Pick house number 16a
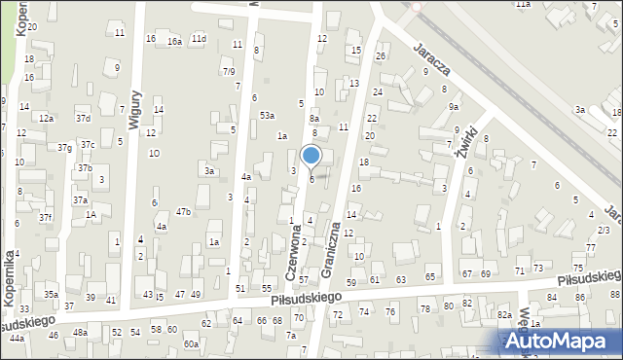coord(174,42)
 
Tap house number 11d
coord(199,38)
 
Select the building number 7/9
coord(228,71)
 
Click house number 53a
coord(266,115)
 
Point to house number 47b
coord(183,211)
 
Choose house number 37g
coord(64,148)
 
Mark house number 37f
coord(45,217)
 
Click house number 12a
coord(46,117)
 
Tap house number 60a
coord(192,343)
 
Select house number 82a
coord(504,315)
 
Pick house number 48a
coord(80,333)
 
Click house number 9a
coord(453,107)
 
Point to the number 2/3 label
coord(604,230)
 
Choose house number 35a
coord(51,294)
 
